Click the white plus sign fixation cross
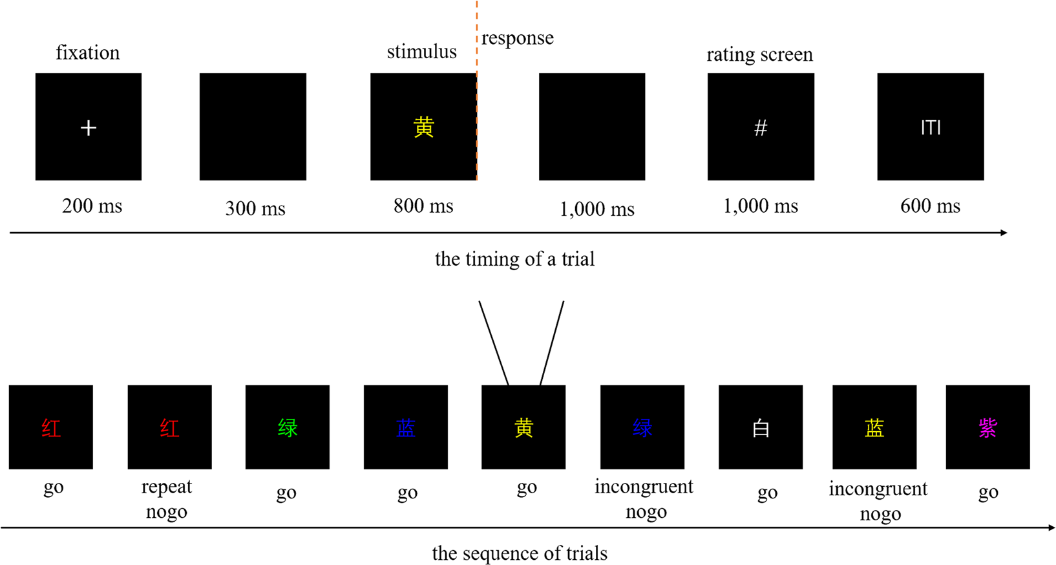pos(89,128)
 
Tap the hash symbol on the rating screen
pos(761,128)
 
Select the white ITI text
pos(931,128)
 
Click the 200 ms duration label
pos(92,206)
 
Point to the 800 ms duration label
pos(423,206)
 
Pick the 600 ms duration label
pos(930,206)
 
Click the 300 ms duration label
pos(255,209)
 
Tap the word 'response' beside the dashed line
pos(518,38)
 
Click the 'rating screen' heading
pos(759,54)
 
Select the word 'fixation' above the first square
pos(88,52)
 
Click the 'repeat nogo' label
pos(167,499)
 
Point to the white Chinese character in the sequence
pos(761,428)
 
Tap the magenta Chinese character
pos(987,428)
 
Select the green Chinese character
pos(288,428)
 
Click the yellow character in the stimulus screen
pos(423,127)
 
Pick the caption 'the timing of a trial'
pos(514,259)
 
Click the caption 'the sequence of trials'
pos(520,553)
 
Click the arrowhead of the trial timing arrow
pos(1004,233)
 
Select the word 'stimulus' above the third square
pos(421,52)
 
